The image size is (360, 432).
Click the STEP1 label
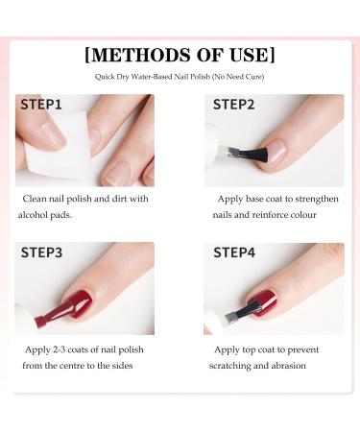[42, 105]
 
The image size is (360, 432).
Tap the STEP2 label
[233, 105]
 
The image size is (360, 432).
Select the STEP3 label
[42, 253]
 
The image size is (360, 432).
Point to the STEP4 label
[233, 253]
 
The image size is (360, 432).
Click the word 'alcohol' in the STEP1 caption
[37, 216]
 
